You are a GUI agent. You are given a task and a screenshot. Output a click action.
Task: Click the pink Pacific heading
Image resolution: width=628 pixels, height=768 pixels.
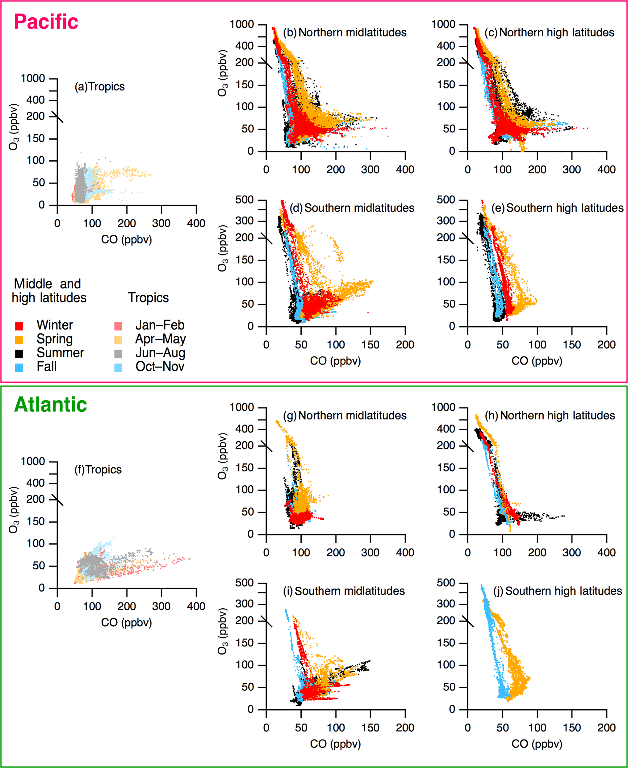tap(46, 22)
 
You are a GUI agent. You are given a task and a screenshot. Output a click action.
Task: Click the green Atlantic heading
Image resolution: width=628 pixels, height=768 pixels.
tap(50, 405)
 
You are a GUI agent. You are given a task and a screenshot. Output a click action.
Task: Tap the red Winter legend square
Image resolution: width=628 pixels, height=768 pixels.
tap(19, 326)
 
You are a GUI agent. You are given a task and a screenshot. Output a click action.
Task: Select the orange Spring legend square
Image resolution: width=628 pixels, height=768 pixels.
tap(19, 340)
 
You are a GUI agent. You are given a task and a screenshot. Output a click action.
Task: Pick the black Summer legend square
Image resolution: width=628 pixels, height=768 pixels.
tap(19, 353)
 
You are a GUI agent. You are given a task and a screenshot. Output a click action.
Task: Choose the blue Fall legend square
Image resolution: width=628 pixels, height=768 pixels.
tap(19, 367)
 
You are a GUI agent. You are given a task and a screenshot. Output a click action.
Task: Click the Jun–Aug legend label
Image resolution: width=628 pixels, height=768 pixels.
tap(160, 353)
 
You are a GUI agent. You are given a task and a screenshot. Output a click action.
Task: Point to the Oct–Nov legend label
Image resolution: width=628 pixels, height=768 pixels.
tap(160, 367)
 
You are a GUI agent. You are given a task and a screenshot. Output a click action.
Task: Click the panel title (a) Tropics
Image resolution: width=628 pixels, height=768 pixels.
tap(99, 87)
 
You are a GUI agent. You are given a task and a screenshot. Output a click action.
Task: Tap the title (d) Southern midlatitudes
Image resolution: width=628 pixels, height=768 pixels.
tap(352, 208)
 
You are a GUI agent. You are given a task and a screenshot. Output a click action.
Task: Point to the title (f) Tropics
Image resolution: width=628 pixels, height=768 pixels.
tap(98, 470)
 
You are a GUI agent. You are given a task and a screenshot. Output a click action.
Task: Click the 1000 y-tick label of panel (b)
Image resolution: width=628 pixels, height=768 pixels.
tap(242, 25)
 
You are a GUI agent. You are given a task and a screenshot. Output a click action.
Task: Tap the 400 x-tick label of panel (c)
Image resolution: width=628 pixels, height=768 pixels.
tap(606, 169)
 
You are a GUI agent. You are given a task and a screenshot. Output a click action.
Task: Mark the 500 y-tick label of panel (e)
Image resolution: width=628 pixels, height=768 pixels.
tap(446, 200)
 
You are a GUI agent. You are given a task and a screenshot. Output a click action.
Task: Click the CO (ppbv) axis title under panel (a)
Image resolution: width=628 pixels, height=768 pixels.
tap(126, 240)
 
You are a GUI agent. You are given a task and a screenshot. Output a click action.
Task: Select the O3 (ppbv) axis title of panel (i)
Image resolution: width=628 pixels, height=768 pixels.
tap(223, 631)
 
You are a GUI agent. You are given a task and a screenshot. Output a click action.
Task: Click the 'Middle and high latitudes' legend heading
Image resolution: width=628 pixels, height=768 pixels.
tap(49, 291)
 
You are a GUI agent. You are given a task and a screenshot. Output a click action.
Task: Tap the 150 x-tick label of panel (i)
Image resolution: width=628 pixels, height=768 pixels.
tap(370, 728)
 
